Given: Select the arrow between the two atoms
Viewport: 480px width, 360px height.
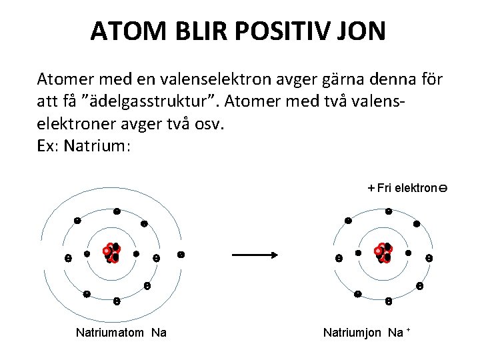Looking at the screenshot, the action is (x=254, y=255).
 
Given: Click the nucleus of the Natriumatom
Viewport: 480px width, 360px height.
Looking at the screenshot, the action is (x=111, y=253).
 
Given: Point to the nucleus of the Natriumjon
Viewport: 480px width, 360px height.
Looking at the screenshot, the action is (x=383, y=253).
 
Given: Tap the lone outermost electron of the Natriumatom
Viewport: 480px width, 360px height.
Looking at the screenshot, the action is (x=181, y=255).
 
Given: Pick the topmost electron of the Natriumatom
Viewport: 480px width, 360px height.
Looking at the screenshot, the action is (x=117, y=211).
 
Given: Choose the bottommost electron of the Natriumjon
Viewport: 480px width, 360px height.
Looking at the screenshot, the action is (x=389, y=301).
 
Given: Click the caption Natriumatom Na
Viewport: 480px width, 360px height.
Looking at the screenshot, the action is (x=121, y=332).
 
